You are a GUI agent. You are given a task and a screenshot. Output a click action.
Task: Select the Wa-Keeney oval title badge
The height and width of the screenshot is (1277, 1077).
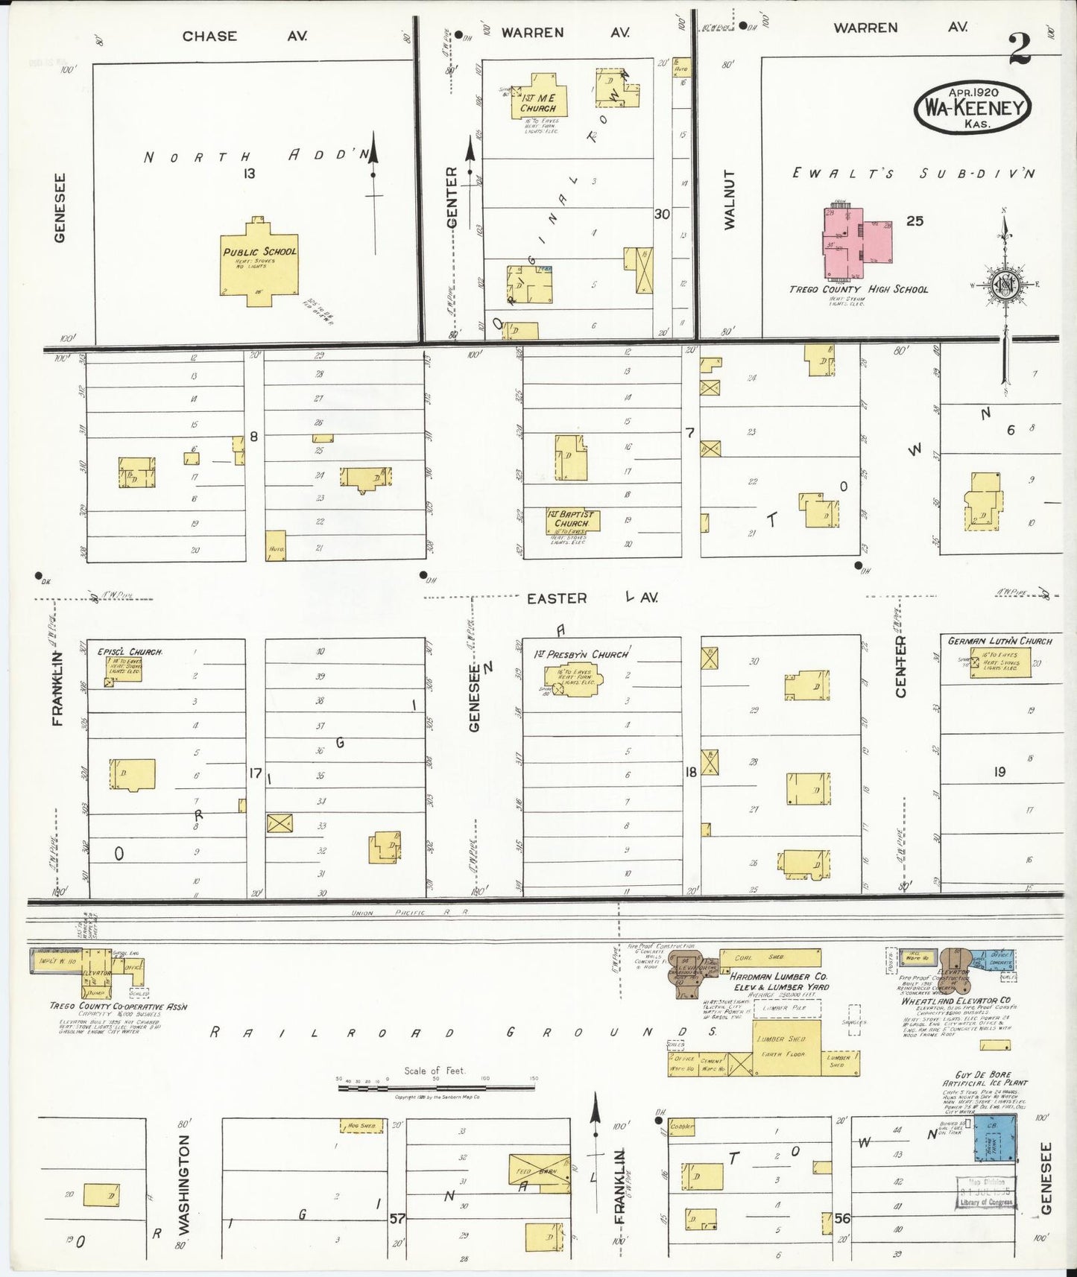pos(973,108)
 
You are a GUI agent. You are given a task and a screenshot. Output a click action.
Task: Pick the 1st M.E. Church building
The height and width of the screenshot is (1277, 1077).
pos(539,97)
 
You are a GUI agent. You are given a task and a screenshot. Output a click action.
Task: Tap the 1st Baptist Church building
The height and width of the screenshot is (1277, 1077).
pos(572,519)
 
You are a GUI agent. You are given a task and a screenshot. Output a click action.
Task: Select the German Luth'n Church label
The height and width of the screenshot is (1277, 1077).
pos(999,641)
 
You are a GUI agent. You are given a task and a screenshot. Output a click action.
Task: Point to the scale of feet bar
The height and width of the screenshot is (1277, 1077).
pos(436,1089)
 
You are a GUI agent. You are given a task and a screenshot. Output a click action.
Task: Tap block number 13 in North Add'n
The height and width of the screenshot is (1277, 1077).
pos(249,174)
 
